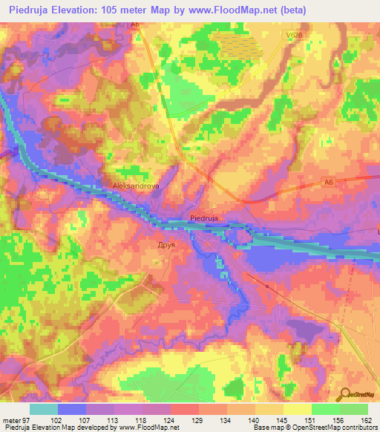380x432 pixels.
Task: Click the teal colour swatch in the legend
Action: click(x=44, y=409)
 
